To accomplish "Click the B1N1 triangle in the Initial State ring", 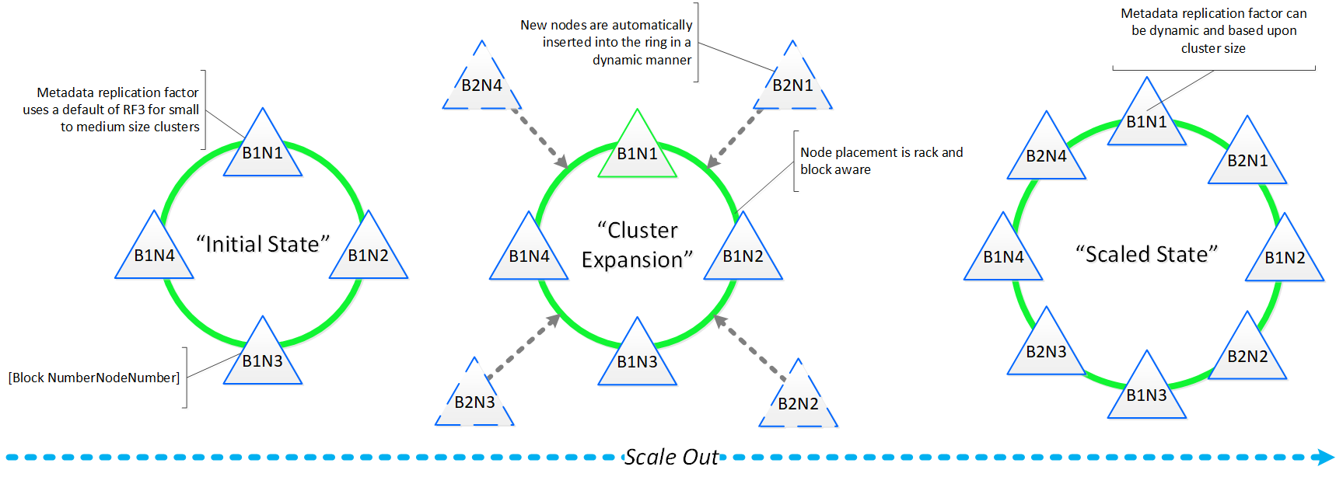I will pos(263,149).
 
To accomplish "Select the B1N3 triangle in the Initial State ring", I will pos(263,357).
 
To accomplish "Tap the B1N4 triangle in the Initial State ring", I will pos(154,252).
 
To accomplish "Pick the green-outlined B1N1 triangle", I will pos(638,151).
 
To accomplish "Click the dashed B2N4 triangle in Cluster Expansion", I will pos(482,82).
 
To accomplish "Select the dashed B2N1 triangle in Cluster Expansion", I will pos(792,82).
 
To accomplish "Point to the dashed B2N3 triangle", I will pos(474,399).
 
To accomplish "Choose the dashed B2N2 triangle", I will pos(799,400).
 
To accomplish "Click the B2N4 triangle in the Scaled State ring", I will pos(1046,153).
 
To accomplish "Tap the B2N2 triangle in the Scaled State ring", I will pos(1247,353).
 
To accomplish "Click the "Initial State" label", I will pos(263,244).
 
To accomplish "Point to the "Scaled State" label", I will pos(1146,254).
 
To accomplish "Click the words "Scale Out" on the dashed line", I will pos(672,457).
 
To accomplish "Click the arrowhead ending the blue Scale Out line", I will pos(1325,457).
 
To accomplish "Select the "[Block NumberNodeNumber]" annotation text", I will pos(94,378).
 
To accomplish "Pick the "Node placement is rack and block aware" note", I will pos(881,161).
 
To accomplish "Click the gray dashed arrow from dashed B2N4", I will pos(538,138).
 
